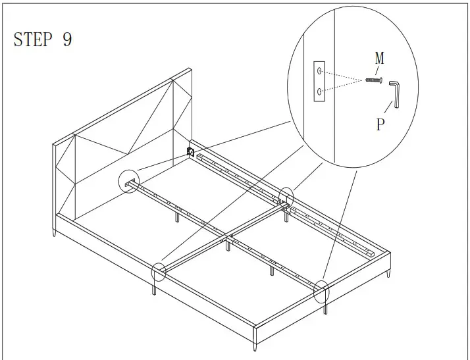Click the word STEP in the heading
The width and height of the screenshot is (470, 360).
(32, 39)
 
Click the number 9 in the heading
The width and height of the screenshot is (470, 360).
(67, 39)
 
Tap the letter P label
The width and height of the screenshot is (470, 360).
(380, 124)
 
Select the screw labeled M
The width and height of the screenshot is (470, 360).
(373, 80)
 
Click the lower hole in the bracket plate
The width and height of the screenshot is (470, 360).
(319, 93)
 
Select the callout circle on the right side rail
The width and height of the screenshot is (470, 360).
(286, 196)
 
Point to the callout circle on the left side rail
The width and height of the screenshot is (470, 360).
(158, 271)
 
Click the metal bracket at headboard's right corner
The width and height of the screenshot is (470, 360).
(192, 152)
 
